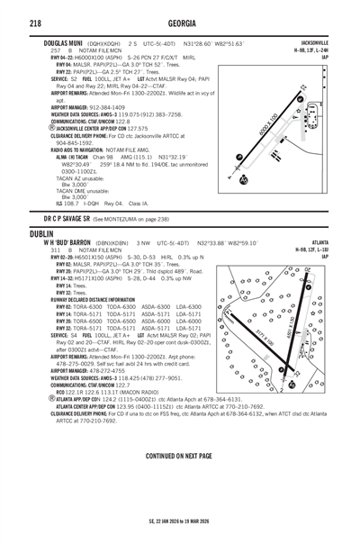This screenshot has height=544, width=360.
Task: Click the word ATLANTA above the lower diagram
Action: click(x=319, y=242)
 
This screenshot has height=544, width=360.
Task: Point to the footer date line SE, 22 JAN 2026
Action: click(x=180, y=521)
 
